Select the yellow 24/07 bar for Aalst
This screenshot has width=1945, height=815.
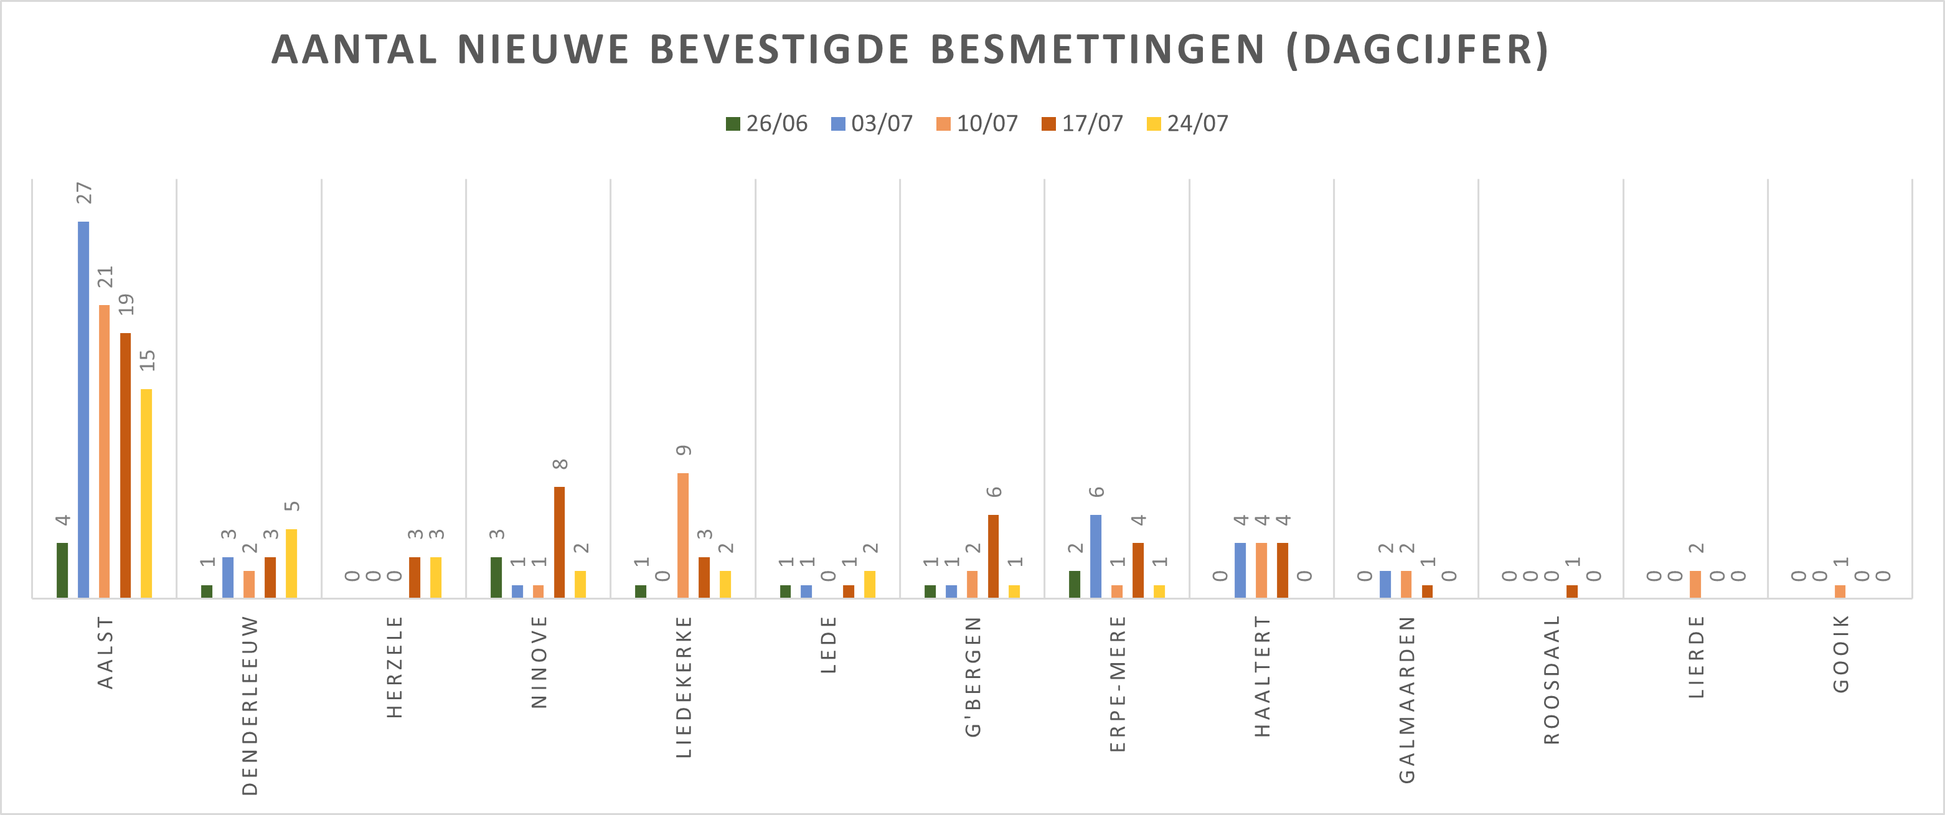(x=146, y=493)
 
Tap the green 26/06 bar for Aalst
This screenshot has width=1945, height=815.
(x=62, y=570)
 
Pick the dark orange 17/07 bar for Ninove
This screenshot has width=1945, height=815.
(x=560, y=542)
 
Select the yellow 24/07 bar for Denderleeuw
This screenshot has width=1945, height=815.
(x=291, y=563)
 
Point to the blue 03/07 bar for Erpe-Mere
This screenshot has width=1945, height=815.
(x=1096, y=557)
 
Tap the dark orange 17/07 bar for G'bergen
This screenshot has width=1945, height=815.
(x=994, y=557)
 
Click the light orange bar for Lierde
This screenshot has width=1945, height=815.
(x=1696, y=585)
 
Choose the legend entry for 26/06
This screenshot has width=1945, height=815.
(x=767, y=124)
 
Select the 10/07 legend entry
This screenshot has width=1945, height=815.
(x=977, y=124)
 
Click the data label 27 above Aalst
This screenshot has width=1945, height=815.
(x=84, y=194)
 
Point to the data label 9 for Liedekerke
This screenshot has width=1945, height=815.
(x=684, y=450)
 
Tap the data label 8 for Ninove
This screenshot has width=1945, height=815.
(x=560, y=464)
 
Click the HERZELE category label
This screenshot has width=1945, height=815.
(x=395, y=667)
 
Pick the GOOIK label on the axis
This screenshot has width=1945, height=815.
(x=1842, y=654)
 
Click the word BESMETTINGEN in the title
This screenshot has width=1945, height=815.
(x=1097, y=50)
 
